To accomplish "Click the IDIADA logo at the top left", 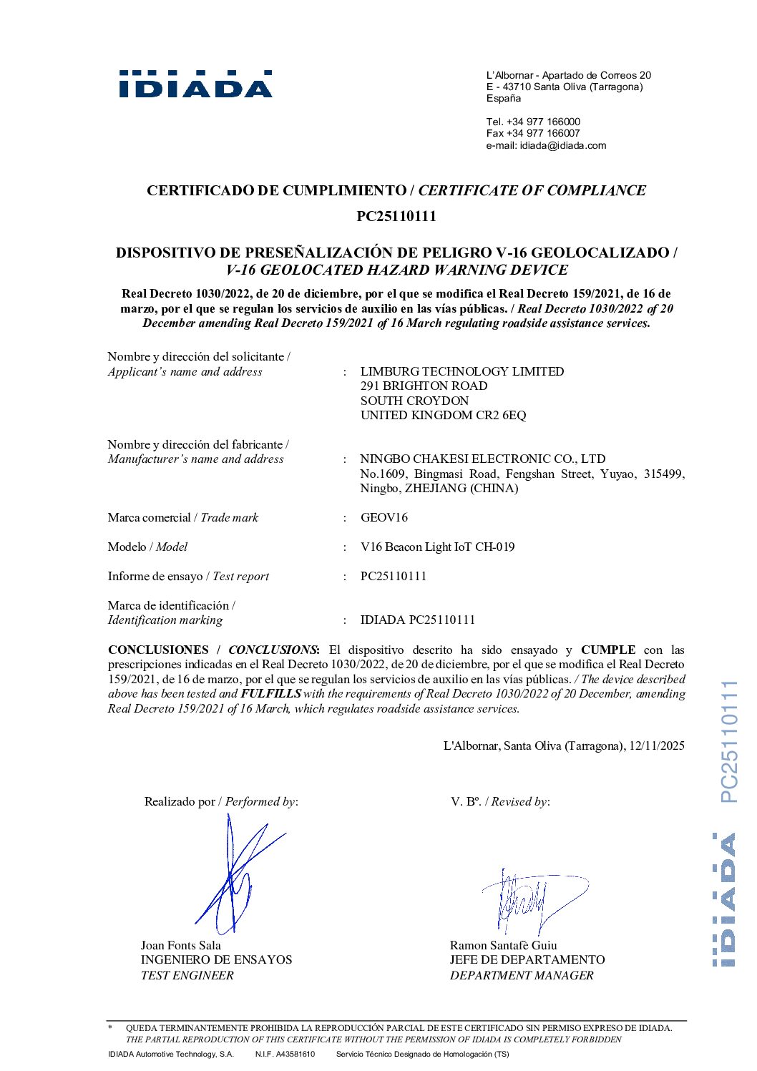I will pyautogui.click(x=195, y=84).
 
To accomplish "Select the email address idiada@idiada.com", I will pyautogui.click(x=562, y=145).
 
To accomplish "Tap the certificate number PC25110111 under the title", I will pyautogui.click(x=396, y=216).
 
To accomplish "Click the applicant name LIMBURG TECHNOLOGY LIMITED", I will pyautogui.click(x=461, y=371).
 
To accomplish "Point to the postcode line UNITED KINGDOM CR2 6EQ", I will pyautogui.click(x=443, y=415).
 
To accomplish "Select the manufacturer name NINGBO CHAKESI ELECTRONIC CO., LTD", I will pyautogui.click(x=482, y=459).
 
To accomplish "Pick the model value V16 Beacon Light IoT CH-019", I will pyautogui.click(x=437, y=547).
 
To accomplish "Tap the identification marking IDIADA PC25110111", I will pyautogui.click(x=417, y=620).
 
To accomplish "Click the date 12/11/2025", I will pyautogui.click(x=656, y=745).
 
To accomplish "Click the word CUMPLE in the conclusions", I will pyautogui.click(x=607, y=650).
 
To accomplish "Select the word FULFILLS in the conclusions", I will pyautogui.click(x=270, y=693).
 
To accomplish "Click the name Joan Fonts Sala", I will pyautogui.click(x=180, y=945).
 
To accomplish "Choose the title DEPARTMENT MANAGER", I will pyautogui.click(x=521, y=975).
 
